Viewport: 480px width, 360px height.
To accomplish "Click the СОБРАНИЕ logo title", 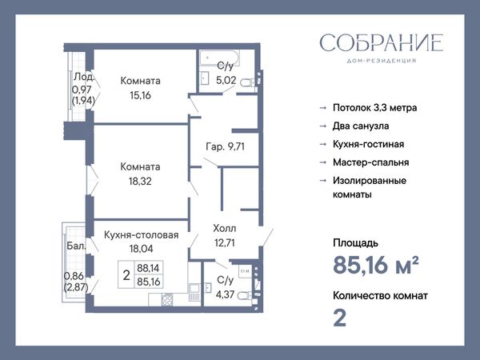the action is tap(382, 42).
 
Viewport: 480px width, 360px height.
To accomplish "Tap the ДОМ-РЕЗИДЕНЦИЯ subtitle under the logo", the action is tap(382, 61).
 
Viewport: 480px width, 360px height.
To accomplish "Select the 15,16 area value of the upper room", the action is tap(140, 95).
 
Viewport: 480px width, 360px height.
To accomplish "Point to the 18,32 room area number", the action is tap(140, 182).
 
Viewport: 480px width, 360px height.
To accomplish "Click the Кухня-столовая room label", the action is tap(141, 234).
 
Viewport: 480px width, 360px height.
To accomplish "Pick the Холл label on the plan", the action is tap(225, 228).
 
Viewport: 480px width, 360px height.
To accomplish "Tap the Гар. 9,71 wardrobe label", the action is tap(226, 146).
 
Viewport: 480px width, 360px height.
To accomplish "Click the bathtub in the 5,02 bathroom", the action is tap(219, 58).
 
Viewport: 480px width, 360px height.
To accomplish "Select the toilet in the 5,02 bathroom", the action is tap(247, 82).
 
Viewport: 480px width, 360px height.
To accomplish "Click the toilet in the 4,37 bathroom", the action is tap(246, 296).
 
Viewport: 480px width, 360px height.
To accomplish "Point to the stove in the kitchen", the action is tap(167, 299).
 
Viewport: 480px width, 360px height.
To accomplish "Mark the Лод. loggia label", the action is tap(83, 77).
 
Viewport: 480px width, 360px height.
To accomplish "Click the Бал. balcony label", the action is tap(76, 246).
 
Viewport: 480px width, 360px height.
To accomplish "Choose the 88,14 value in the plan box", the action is tap(148, 268).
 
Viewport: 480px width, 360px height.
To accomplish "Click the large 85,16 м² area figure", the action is tap(376, 265).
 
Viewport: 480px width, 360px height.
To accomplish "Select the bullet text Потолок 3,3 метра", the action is tap(374, 108).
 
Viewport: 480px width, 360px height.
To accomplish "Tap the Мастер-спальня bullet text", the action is tap(370, 162).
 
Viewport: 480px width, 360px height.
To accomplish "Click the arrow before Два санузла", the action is tap(323, 126).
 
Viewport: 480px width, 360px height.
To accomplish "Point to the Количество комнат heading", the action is tap(380, 296).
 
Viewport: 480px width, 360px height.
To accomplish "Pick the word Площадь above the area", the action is tap(355, 243).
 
